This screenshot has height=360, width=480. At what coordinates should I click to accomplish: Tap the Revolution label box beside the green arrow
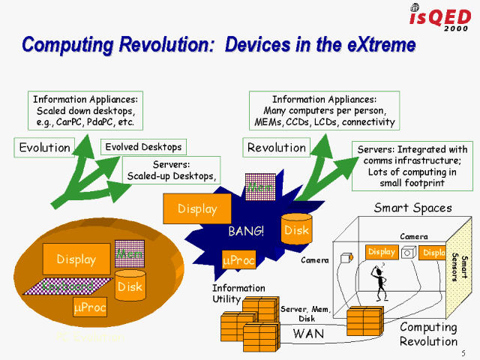tap(276, 147)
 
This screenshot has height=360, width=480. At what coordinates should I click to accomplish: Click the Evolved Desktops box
tap(142, 147)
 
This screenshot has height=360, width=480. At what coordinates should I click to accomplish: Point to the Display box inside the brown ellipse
tap(75, 259)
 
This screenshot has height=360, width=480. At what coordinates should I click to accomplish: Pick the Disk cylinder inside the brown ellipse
tap(129, 285)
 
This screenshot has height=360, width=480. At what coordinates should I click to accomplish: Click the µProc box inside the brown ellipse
tap(89, 307)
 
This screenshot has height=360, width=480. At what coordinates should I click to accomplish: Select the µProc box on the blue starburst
tap(239, 260)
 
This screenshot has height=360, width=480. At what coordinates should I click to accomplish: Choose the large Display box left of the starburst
tap(197, 208)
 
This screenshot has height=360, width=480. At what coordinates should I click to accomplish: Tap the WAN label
tap(308, 333)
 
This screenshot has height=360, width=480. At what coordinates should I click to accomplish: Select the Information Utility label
tap(238, 293)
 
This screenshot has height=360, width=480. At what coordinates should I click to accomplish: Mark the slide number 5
tap(463, 352)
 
